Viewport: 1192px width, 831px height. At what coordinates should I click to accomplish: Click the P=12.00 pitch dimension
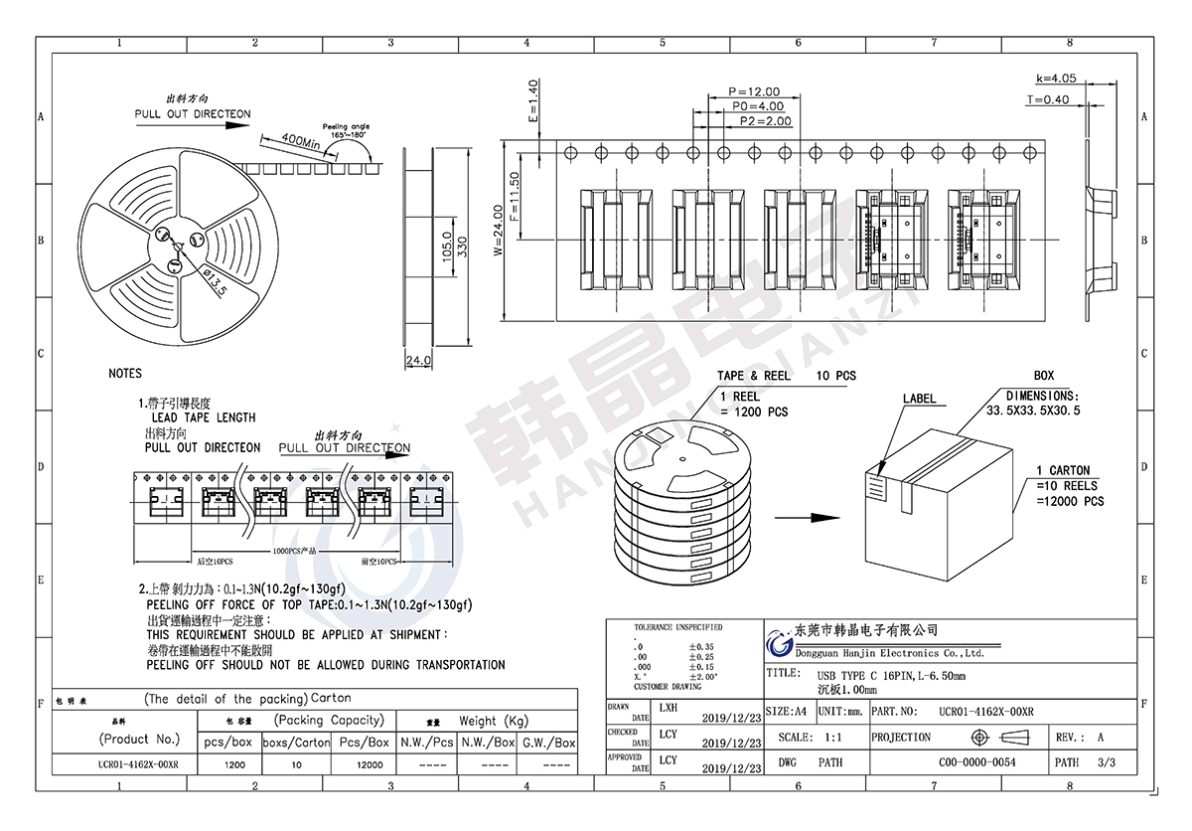[754, 91]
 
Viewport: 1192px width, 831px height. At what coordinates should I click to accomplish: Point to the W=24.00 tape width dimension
[499, 231]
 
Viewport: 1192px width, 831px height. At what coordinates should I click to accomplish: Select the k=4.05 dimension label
[1056, 78]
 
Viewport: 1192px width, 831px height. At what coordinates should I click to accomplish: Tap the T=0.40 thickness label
[1047, 99]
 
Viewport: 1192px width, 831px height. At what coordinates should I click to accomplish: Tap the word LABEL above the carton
[919, 399]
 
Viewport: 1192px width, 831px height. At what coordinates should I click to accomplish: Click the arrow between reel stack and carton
[806, 517]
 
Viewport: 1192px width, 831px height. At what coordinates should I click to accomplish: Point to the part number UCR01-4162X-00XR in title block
[985, 712]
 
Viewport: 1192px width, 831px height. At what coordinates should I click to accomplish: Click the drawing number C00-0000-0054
[977, 762]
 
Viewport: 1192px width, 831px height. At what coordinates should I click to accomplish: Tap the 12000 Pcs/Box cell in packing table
[370, 765]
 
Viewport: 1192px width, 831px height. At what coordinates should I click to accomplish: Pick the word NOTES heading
[125, 374]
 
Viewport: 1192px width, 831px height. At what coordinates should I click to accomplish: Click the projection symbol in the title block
[996, 738]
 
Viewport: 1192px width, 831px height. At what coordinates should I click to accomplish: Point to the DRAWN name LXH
[669, 708]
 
